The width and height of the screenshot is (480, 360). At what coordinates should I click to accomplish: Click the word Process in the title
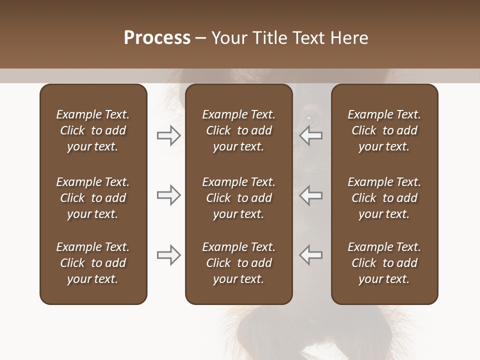coord(157,38)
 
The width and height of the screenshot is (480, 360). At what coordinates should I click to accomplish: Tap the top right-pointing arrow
coord(168,135)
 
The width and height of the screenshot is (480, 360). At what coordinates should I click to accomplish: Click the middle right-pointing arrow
coord(168,195)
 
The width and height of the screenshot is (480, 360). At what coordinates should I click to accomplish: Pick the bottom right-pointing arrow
coord(168,255)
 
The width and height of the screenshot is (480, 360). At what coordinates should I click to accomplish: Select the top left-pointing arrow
coord(311,135)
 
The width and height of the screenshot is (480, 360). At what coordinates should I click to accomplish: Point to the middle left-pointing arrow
coord(311,195)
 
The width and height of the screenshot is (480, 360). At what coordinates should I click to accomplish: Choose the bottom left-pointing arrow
coord(311,255)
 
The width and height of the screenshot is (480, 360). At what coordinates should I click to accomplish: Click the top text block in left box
coord(93,130)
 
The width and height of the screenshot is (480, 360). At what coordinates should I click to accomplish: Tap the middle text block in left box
coord(93,198)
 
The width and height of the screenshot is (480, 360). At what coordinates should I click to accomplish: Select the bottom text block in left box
coord(93,263)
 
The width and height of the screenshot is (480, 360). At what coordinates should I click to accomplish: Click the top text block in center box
coord(238,130)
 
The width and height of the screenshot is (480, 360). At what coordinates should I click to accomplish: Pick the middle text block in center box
coord(238,198)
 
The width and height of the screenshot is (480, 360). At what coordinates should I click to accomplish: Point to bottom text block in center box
coord(238,263)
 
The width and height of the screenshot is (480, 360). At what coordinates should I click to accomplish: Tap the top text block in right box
coord(384,130)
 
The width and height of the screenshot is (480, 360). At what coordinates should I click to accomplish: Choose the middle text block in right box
coord(384,198)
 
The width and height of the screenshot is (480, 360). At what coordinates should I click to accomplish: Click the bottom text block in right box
coord(384,263)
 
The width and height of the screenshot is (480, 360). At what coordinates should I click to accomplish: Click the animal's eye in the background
coord(308,118)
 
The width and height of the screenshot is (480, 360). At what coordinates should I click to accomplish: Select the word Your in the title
coord(229,38)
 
